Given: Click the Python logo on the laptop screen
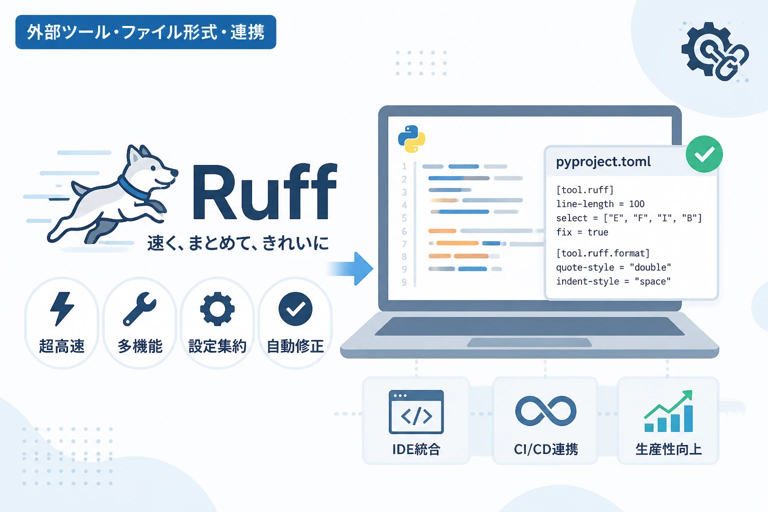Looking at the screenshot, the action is click(x=411, y=138).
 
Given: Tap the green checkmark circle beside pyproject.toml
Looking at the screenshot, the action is click(x=704, y=154).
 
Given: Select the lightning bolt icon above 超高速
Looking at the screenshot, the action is click(x=61, y=308).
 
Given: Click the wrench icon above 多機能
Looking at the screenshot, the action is click(x=139, y=308).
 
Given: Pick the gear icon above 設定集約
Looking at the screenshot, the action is click(x=217, y=308).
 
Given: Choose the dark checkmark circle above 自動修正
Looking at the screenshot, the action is click(x=295, y=308).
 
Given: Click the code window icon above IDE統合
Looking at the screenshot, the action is click(x=416, y=412).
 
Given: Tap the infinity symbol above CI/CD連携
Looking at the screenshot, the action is click(x=545, y=411).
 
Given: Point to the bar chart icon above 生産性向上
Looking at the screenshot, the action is click(x=668, y=411).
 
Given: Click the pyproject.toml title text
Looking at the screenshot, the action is click(x=603, y=161).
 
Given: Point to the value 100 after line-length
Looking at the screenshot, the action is click(x=636, y=204).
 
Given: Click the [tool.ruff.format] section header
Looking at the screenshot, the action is click(x=602, y=253).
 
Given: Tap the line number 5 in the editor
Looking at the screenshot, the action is click(x=404, y=218).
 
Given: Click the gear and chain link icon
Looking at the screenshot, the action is click(x=715, y=51).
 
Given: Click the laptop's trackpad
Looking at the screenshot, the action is click(x=529, y=342).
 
